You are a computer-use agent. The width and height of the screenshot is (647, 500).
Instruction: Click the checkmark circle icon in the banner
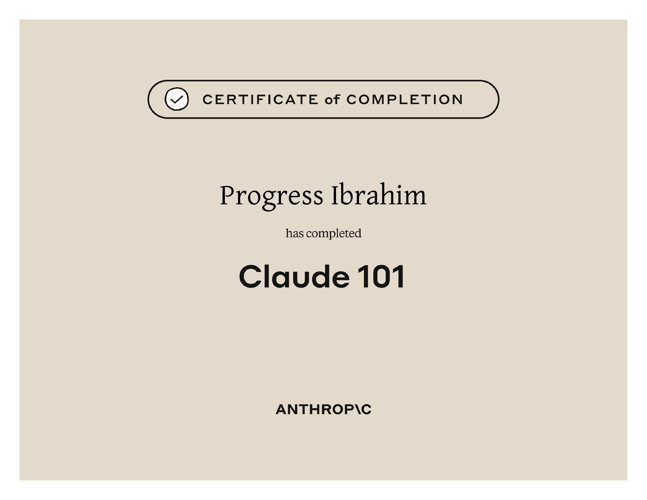click(x=177, y=99)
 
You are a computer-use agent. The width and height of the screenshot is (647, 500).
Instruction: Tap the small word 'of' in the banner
click(x=332, y=100)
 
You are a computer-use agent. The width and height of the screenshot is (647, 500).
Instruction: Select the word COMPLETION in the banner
click(x=404, y=100)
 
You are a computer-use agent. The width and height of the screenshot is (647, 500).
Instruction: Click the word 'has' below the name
click(x=295, y=233)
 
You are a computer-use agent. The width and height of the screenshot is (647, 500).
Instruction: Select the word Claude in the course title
click(x=294, y=276)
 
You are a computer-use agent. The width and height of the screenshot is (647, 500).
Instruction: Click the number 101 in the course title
click(x=381, y=276)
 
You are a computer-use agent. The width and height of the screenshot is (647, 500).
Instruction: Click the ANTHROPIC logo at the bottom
click(x=323, y=409)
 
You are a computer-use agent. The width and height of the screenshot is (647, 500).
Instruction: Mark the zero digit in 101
click(x=381, y=276)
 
